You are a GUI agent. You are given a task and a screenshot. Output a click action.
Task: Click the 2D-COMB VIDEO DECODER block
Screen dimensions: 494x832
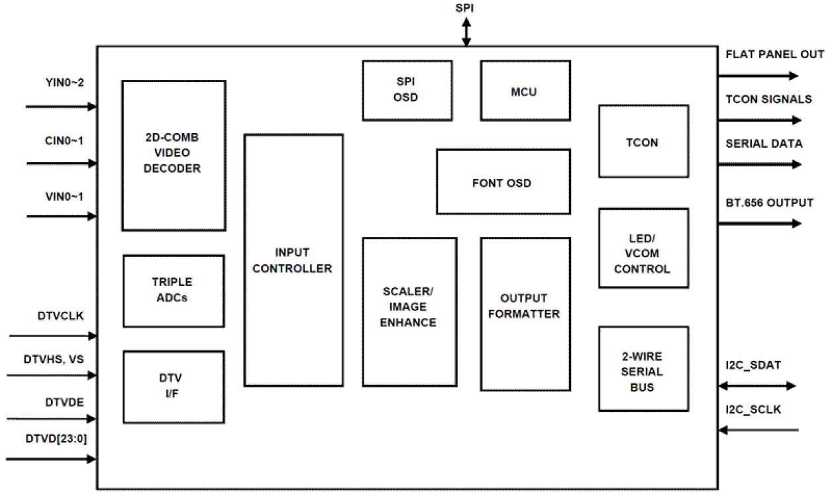pos(174,156)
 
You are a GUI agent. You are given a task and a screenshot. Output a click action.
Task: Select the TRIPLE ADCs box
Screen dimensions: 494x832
pos(174,291)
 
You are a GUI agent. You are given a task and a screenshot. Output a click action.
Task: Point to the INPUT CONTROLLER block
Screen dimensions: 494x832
pos(293,260)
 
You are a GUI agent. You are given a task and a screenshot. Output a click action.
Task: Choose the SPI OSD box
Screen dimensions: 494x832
pos(407,91)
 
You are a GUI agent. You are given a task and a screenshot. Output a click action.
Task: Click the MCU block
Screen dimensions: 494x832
pos(525,91)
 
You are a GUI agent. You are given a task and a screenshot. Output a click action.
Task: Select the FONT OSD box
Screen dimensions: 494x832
pos(503,181)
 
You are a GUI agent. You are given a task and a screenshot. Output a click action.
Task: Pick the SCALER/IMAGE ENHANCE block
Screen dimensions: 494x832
pos(409,311)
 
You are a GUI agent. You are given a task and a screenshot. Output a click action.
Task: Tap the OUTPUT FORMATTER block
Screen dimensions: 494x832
pos(525,314)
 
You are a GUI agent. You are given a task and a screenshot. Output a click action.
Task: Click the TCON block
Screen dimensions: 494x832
pos(643,141)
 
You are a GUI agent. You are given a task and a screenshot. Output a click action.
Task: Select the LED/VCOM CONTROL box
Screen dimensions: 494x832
pos(643,248)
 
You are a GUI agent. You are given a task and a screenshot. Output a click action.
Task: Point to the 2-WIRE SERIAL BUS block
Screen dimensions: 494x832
pos(643,369)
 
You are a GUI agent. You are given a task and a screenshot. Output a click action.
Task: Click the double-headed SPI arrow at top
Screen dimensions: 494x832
pos(466,32)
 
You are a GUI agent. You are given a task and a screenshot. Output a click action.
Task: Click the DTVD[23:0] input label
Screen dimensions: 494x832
pos(54,438)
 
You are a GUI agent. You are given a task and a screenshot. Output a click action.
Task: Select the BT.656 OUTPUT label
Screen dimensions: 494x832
pos(769,203)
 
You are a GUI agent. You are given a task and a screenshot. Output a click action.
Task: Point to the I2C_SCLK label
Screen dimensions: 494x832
pos(753,410)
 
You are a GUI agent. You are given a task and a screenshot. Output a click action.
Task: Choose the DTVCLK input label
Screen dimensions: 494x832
pos(60,316)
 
